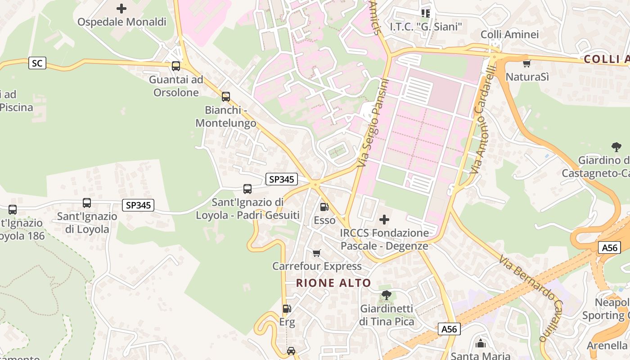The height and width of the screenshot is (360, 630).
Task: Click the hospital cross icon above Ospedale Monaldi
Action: [121, 8]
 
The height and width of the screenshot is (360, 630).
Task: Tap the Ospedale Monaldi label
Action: [122, 22]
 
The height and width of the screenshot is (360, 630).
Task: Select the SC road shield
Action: [37, 63]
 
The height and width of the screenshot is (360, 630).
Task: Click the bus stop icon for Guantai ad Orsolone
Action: [176, 66]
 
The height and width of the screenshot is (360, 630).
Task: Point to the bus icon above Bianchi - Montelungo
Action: [226, 97]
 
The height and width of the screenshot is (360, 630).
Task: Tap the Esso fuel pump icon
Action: [324, 207]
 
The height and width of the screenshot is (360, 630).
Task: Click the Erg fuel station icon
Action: [287, 309]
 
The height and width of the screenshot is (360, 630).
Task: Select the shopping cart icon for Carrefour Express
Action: [317, 253]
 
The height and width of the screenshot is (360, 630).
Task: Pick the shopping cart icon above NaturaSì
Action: [527, 63]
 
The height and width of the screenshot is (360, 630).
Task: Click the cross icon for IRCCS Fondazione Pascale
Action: [384, 220]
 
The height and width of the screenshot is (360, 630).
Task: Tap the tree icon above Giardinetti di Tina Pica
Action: [386, 295]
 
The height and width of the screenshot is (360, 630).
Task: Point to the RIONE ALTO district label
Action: [333, 283]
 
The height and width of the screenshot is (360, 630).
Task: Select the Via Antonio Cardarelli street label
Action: [483, 119]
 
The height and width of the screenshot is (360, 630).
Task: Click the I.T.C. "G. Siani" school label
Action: [426, 27]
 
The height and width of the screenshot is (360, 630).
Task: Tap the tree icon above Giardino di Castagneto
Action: [616, 147]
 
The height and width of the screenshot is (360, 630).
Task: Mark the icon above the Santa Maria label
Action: [481, 344]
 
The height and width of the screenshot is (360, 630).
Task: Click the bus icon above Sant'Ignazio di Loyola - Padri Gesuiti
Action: [247, 189]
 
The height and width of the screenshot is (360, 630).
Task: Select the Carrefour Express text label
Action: [317, 266]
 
